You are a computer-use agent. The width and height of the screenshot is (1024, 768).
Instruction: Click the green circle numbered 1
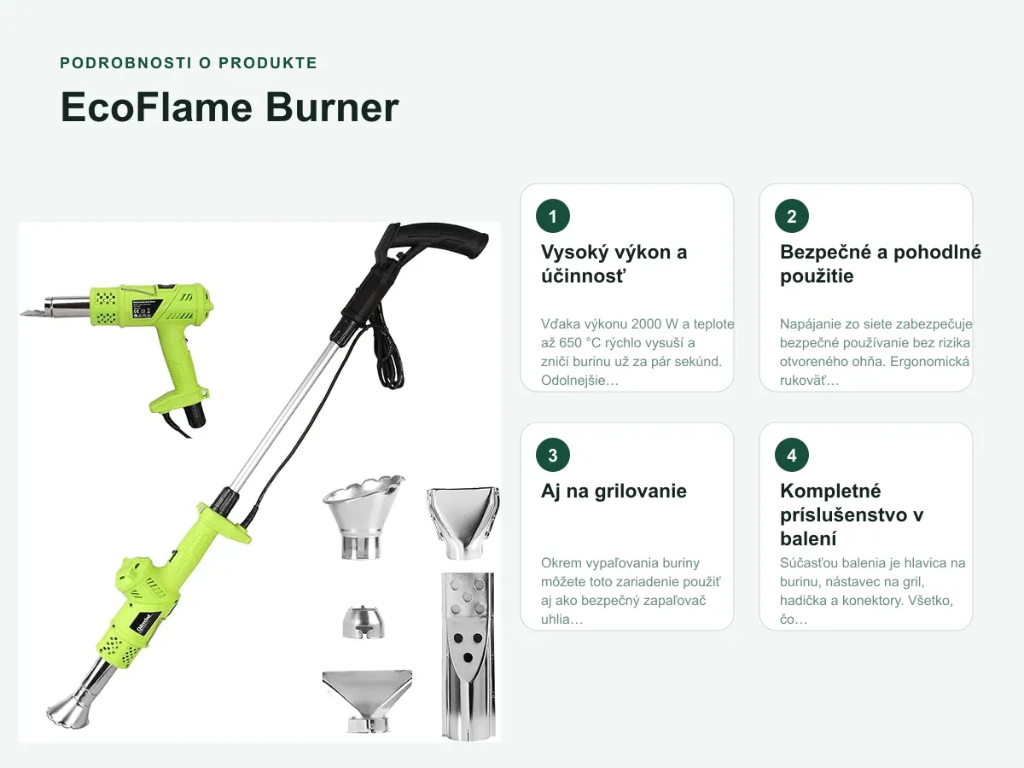(x=553, y=216)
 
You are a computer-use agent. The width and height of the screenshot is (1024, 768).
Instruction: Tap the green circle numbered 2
(x=792, y=216)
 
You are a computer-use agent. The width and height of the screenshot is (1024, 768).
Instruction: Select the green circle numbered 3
(x=553, y=455)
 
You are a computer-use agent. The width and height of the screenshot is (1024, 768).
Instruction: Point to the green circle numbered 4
(x=792, y=455)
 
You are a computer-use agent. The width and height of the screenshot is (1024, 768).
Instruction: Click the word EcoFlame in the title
(x=157, y=108)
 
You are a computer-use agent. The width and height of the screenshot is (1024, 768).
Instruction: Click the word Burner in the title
(x=332, y=108)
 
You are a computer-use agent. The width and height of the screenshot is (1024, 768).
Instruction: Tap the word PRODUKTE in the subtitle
(x=268, y=63)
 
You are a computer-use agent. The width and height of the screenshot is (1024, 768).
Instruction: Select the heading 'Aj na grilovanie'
(x=614, y=491)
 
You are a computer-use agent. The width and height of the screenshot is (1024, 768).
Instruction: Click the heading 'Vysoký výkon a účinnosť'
(x=614, y=264)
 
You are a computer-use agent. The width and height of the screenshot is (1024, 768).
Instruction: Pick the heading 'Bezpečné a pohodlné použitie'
(x=881, y=264)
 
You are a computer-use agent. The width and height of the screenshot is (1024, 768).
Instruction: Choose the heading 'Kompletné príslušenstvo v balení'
(x=852, y=515)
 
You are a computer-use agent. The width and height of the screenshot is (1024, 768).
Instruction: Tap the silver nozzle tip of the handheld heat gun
(x=55, y=308)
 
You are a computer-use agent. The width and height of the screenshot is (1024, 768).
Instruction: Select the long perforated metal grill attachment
(x=468, y=655)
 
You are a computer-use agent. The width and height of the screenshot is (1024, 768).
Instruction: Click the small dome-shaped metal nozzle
(x=364, y=623)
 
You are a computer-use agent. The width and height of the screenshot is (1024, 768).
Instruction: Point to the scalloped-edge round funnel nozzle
(x=363, y=516)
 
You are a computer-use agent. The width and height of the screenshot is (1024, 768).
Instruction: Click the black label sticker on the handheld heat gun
(x=147, y=309)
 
